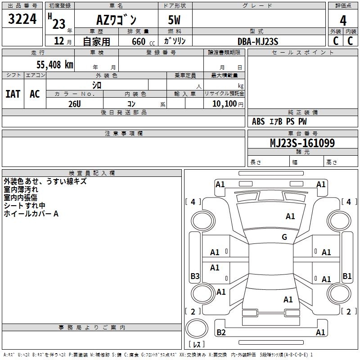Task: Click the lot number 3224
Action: coord(22,19)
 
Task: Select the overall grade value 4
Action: coord(343,20)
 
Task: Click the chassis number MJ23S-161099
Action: coord(302,143)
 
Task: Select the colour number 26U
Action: coord(74,104)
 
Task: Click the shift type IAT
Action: coord(13,94)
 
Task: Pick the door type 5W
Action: coord(175,20)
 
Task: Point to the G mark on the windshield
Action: coord(284,237)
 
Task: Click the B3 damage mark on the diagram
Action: coord(194,276)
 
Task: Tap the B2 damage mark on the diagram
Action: coord(221,333)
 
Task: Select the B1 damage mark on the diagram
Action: coord(347,276)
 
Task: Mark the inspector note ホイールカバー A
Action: coord(31,214)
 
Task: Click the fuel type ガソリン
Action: coord(175,41)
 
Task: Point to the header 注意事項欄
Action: coord(124,134)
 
